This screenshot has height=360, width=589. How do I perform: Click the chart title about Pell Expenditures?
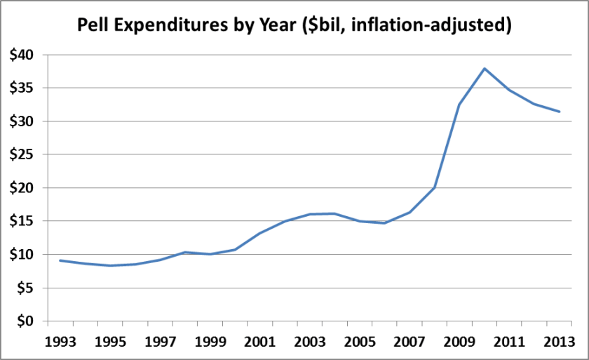[x=294, y=25]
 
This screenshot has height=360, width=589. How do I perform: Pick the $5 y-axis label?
[x=25, y=288]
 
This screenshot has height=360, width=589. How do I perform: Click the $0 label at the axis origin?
[x=25, y=321]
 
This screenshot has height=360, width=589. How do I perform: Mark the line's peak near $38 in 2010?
[x=485, y=68]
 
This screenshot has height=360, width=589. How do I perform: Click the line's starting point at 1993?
[x=60, y=260]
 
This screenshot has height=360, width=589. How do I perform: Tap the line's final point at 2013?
[x=559, y=112]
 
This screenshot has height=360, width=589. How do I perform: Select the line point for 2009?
[x=459, y=105]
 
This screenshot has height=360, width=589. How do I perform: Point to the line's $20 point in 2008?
[x=435, y=187]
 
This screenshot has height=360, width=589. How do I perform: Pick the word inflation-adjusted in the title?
[x=437, y=25]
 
